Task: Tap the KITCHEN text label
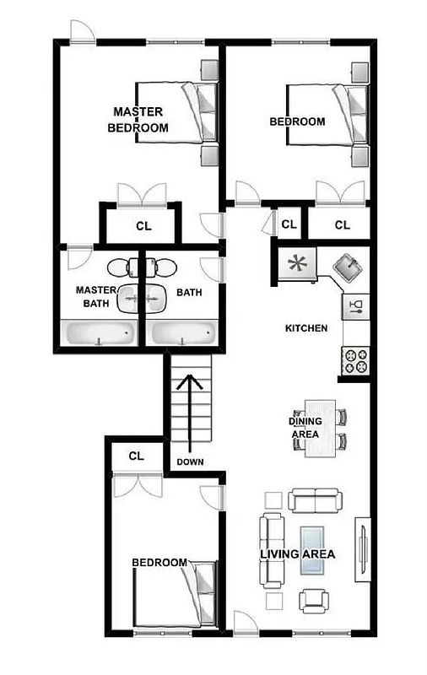306,327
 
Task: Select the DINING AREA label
304,428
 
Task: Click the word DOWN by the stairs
190,462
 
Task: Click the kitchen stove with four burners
355,362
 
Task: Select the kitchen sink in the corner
349,270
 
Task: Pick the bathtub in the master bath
97,334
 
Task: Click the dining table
321,428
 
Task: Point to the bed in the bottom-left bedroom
174,596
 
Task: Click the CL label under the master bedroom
143,226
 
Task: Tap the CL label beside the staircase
137,456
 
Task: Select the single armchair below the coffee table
315,600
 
